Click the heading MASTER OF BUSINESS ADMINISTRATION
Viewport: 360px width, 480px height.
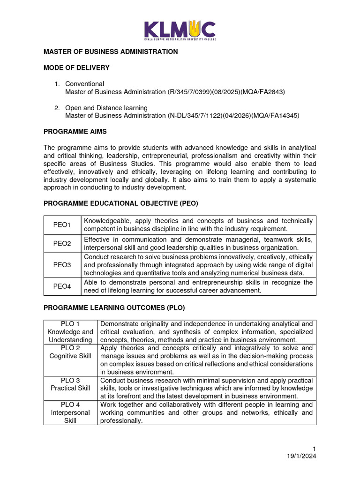click(111, 52)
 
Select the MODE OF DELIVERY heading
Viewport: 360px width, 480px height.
click(76, 68)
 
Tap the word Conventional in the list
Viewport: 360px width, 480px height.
click(84, 84)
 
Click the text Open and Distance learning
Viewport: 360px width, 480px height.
click(106, 108)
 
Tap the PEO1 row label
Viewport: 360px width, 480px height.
click(62, 225)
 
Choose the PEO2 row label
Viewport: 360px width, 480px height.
click(62, 244)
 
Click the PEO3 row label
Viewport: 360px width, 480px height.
click(62, 265)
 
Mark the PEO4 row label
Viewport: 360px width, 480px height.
click(62, 286)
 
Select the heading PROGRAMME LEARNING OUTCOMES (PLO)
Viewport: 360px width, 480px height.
click(114, 308)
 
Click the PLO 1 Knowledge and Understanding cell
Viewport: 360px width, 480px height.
click(70, 332)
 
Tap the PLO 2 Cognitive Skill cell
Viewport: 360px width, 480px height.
click(70, 352)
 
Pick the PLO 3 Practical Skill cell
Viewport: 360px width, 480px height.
click(70, 384)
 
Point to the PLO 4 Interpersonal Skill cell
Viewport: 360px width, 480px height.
click(70, 412)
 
